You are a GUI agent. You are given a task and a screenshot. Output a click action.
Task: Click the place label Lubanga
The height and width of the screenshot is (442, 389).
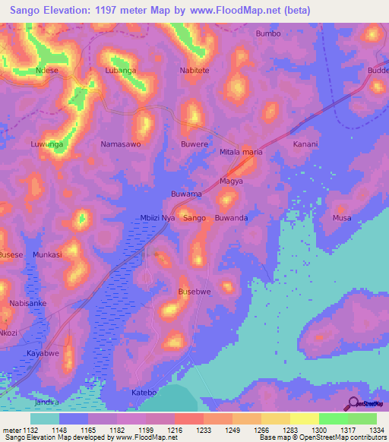click(120, 70)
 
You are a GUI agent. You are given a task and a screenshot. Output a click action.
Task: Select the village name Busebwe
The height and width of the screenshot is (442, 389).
click(194, 292)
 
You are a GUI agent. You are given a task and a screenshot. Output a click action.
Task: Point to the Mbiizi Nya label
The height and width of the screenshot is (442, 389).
click(158, 218)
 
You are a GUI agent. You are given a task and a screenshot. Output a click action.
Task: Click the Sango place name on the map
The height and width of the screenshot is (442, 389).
click(195, 218)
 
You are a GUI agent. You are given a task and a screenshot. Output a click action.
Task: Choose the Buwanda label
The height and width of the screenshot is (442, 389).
click(232, 218)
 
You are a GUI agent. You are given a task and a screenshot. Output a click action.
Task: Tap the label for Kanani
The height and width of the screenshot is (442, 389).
click(305, 144)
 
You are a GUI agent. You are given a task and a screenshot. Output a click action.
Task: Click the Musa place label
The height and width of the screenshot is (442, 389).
click(342, 218)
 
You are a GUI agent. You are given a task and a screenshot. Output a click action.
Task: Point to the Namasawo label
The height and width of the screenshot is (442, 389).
click(121, 144)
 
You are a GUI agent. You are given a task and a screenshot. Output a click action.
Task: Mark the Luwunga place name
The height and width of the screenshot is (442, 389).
click(46, 144)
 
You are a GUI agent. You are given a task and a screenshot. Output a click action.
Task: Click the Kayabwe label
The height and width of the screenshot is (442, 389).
click(43, 354)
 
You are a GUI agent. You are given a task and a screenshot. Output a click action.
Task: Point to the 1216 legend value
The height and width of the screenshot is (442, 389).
click(174, 429)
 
